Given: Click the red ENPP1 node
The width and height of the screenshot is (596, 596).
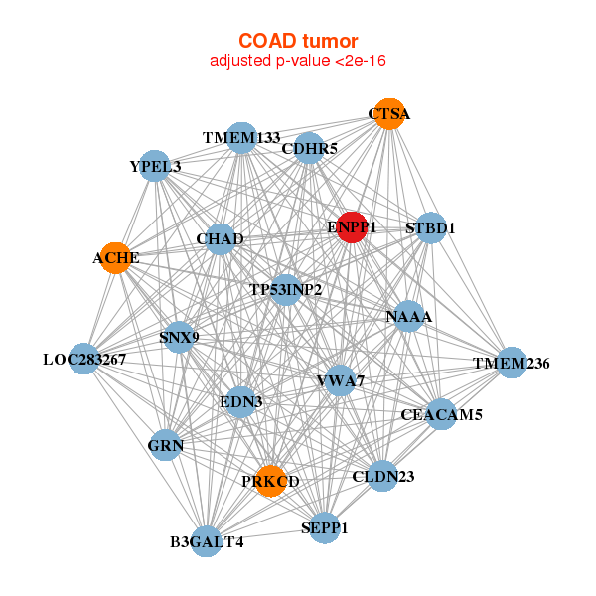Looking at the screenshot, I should click(x=353, y=227).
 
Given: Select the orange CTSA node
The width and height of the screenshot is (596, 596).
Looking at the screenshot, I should click(x=387, y=114).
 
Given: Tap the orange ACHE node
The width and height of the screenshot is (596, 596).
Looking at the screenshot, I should click(x=116, y=258).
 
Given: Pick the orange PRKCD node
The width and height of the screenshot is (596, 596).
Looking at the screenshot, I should click(x=270, y=481).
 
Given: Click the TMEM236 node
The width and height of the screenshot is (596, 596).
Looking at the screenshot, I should click(x=512, y=364).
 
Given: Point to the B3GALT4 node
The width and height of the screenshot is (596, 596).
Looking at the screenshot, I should click(x=206, y=541).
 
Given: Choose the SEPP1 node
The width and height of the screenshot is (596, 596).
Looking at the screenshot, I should click(x=324, y=527).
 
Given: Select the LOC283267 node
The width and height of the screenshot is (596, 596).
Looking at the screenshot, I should click(x=84, y=359).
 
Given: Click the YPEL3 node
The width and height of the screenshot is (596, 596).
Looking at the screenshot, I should click(x=155, y=166).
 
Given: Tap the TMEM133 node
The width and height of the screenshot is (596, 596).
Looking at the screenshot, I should click(x=241, y=137).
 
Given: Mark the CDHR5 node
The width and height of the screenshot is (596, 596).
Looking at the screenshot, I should click(x=309, y=149).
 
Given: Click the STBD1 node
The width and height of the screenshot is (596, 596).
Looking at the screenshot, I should click(x=430, y=228).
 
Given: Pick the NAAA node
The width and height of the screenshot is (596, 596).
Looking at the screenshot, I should click(x=409, y=317).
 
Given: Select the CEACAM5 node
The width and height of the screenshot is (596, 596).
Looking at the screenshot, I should click(x=441, y=414).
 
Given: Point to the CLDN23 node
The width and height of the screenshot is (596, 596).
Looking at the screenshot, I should click(x=382, y=476).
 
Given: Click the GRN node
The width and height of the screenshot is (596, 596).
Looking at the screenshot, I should click(x=166, y=446).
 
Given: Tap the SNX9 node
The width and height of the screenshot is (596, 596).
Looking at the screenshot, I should click(x=179, y=338).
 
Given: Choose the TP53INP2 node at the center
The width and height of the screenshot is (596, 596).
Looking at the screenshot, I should click(x=285, y=290).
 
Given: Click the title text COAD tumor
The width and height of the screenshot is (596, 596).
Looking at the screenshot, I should click(x=298, y=41).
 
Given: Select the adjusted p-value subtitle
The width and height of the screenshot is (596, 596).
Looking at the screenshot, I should click(x=298, y=61).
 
